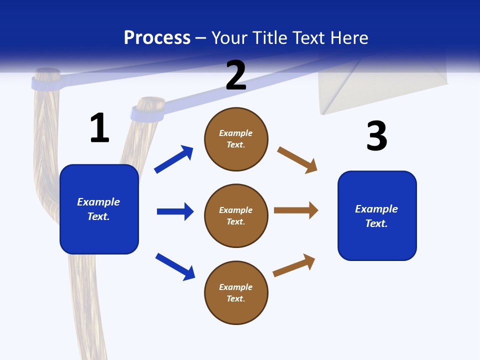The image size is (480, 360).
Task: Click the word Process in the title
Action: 157,37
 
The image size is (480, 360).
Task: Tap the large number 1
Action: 99,128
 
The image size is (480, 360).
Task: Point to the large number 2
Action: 236,75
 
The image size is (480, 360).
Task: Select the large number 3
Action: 376,136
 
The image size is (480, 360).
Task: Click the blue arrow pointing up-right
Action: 174,159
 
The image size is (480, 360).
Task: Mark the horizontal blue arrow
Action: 175,211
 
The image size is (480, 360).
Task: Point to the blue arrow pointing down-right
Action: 175,266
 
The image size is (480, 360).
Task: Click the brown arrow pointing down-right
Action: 297,159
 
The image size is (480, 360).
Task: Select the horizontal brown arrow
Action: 296,210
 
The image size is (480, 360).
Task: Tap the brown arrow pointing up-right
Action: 294,265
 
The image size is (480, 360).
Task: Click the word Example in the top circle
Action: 236,133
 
